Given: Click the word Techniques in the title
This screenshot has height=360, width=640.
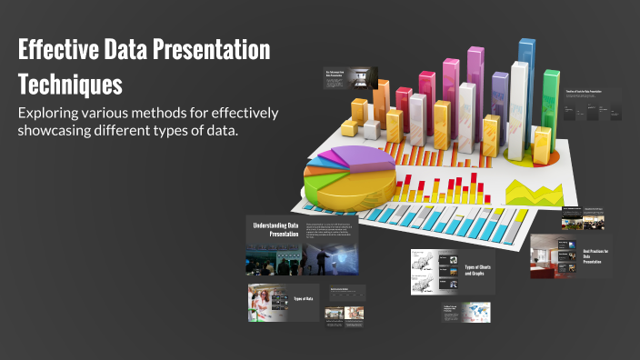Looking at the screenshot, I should click(x=70, y=85).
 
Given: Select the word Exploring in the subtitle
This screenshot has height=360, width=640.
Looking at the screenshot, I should click(x=53, y=113).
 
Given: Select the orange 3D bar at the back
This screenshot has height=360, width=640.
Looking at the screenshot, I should click(x=382, y=100).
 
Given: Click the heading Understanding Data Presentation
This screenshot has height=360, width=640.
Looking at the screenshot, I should click(x=275, y=229).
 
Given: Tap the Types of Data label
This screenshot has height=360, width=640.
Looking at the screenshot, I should click(x=304, y=298).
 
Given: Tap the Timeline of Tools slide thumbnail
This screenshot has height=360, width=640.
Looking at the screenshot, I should click(x=592, y=105).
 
